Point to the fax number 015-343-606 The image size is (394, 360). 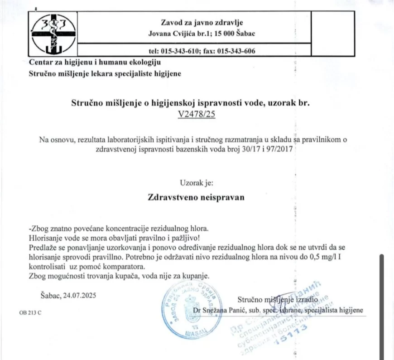(236, 51)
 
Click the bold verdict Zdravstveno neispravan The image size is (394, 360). (196, 197)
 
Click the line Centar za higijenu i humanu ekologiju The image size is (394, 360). (95, 62)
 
